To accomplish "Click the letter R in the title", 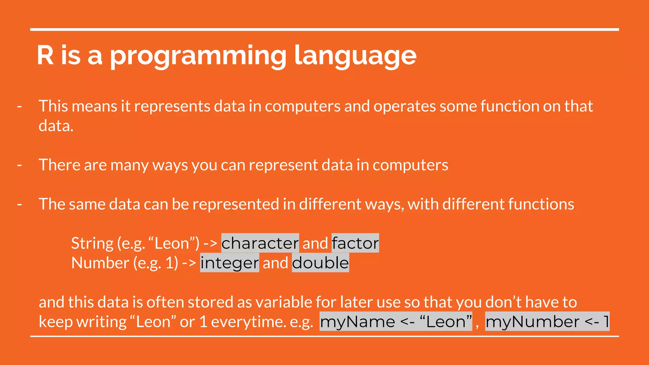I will tap(45, 55).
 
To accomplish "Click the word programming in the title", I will tap(198, 56).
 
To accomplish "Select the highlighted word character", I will tap(260, 243).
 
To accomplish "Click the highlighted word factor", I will tap(355, 243).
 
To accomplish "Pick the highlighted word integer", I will tap(229, 263).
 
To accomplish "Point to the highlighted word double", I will tap(320, 263).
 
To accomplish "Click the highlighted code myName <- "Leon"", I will tap(396, 322).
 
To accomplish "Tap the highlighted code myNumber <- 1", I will tap(547, 322).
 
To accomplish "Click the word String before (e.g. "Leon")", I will tap(92, 243).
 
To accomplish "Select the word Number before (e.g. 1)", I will tap(100, 263).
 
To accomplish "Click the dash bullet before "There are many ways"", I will tap(20, 165).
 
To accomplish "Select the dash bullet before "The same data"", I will tap(20, 204).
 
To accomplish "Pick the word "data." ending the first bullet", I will tap(56, 126).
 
